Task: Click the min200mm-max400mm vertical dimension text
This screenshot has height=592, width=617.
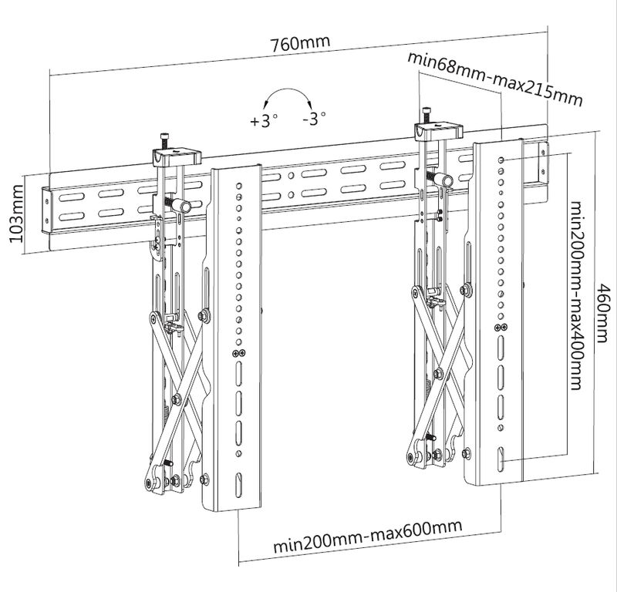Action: pos(575,296)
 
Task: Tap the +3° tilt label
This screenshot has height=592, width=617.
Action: pos(263,121)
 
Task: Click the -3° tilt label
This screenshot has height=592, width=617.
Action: pos(314,119)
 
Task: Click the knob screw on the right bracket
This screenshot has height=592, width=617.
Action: pos(443,178)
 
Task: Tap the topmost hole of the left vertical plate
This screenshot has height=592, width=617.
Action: pos(240,185)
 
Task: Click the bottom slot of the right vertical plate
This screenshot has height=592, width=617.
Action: pos(502,456)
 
